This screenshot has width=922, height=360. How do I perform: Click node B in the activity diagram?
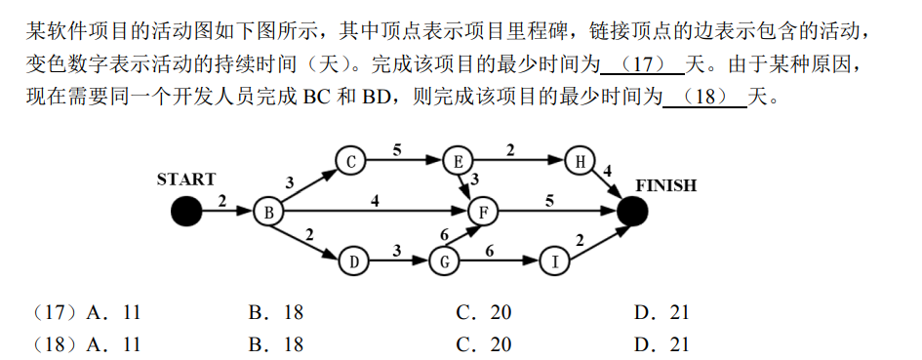tap(267, 211)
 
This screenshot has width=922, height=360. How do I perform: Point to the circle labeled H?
tap(581, 162)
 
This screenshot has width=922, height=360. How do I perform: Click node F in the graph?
tap(481, 211)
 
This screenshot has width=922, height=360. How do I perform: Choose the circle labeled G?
tap(443, 261)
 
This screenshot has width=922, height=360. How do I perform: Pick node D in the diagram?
tap(353, 261)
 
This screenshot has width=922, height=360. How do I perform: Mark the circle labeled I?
tap(554, 261)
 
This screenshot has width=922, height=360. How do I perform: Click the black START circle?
tap(185, 211)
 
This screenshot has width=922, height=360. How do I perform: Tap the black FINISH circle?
tap(632, 211)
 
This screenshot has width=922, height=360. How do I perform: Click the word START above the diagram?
tap(186, 180)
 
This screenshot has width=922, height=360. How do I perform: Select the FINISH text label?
tap(666, 185)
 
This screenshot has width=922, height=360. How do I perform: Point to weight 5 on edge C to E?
tap(397, 149)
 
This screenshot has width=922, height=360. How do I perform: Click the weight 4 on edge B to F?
tap(375, 201)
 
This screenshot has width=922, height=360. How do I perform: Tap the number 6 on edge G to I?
tap(489, 251)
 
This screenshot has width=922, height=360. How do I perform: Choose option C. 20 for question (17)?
tap(483, 313)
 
